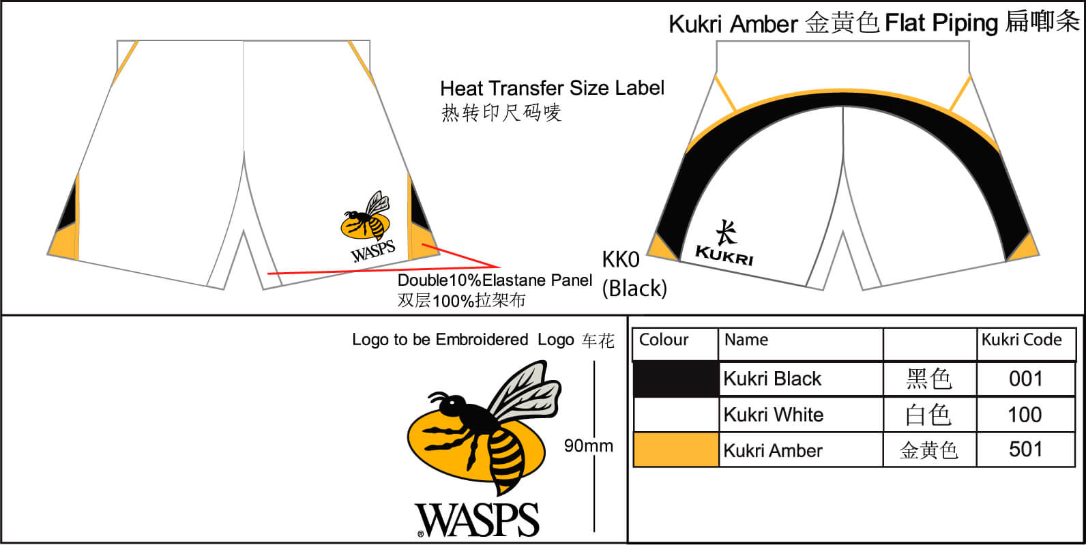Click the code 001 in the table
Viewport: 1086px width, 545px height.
click(1025, 379)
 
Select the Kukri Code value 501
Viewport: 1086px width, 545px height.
click(1025, 450)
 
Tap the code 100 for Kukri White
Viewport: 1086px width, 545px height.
click(1025, 415)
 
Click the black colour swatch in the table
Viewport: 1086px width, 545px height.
click(675, 379)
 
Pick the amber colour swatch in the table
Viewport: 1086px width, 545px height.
click(675, 450)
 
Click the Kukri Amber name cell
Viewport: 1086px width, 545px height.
click(773, 450)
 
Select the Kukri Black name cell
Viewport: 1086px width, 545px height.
click(772, 379)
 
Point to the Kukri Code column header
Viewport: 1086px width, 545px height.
click(1021, 340)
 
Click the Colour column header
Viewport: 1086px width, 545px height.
click(664, 340)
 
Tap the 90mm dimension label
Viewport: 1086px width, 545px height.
click(588, 445)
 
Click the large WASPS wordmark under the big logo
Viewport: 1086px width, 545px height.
click(478, 520)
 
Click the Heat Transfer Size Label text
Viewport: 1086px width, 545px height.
click(552, 88)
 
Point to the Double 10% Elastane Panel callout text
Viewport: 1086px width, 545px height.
click(495, 280)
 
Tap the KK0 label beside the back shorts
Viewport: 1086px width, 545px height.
click(621, 260)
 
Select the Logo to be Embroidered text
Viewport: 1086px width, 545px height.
click(440, 340)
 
